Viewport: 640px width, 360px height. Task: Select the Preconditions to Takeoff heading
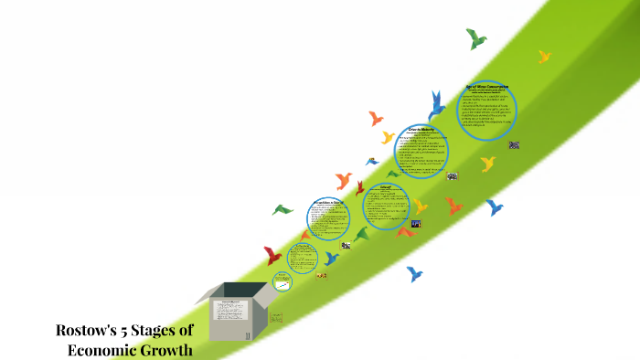pyautogui.click(x=326, y=202)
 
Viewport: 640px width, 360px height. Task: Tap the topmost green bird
pyautogui.click(x=475, y=38)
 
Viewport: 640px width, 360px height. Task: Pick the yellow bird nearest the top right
pyautogui.click(x=545, y=57)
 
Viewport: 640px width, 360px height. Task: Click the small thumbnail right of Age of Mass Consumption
pyautogui.click(x=515, y=144)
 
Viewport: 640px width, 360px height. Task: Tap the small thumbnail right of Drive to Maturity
pyautogui.click(x=453, y=176)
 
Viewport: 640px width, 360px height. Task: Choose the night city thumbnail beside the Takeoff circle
pyautogui.click(x=416, y=224)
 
